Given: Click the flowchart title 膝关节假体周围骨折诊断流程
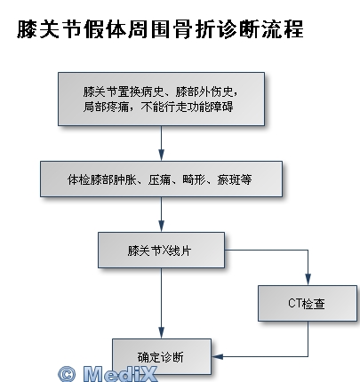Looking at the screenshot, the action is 160,29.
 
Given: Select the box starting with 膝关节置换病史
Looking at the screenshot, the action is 161,99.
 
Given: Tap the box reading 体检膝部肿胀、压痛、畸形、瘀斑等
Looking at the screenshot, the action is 161,179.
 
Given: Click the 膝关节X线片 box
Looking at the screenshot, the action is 161,251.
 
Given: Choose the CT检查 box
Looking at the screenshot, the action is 308,303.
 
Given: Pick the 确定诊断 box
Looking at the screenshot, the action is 162,356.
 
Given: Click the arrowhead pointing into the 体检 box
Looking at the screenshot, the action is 161,155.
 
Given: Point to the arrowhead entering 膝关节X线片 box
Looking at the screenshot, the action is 161,226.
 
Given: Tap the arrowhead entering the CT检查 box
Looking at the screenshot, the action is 308,279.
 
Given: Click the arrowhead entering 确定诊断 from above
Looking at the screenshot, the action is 161,332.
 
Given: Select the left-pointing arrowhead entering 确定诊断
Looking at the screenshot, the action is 218,356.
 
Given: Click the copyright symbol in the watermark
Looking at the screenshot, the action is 67,374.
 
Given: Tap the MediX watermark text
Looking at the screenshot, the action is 120,374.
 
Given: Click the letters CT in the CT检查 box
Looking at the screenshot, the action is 294,303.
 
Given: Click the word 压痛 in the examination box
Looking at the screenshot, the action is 159,179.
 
